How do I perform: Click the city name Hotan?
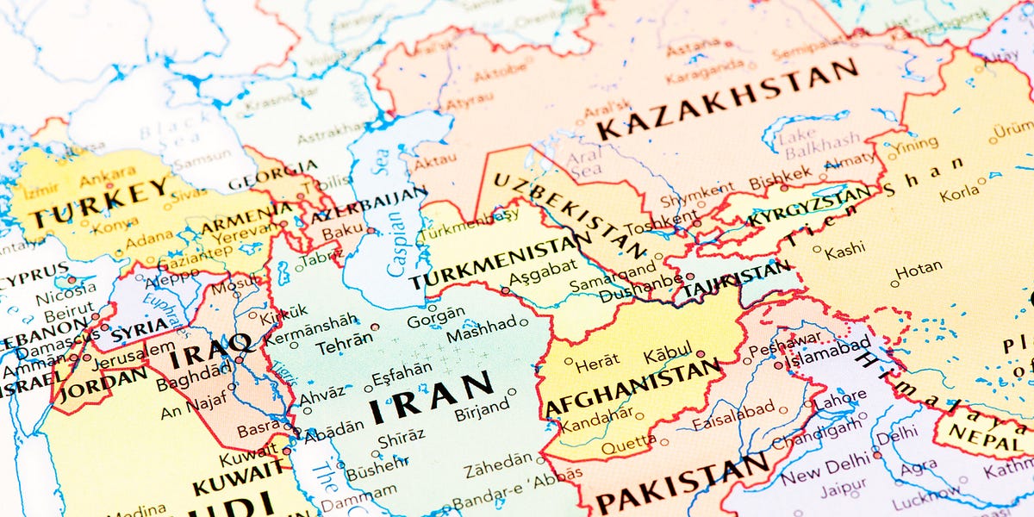pyautogui.click(x=919, y=269)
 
